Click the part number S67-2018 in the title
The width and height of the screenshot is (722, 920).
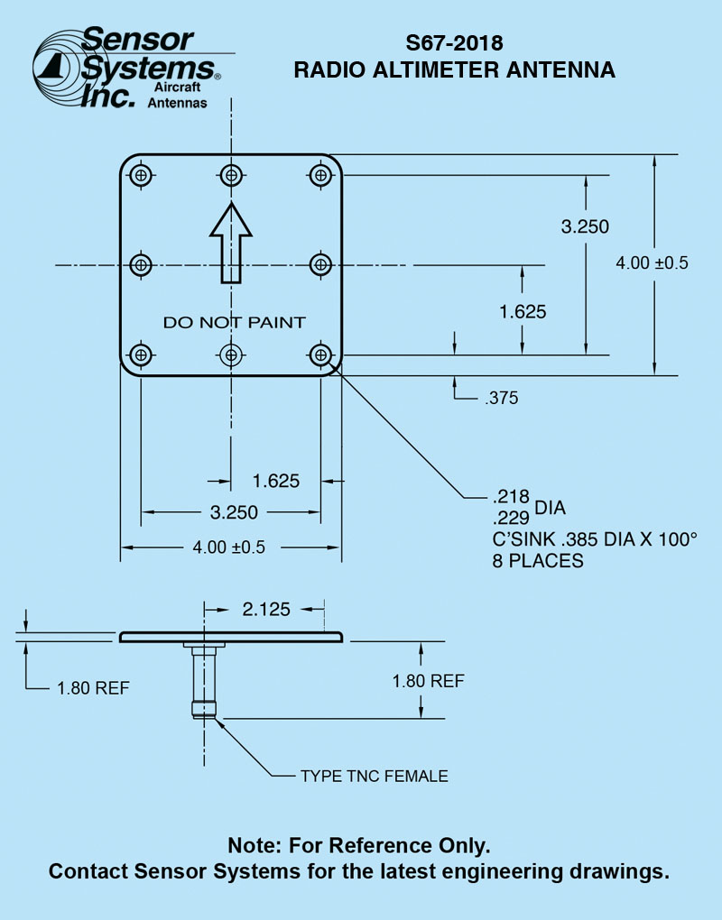pos(454,43)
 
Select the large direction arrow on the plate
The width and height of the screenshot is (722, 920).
pos(231,243)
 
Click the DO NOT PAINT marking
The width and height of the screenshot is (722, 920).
pos(235,322)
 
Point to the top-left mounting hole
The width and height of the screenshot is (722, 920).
pos(141,175)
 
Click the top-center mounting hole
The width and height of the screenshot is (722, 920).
pos(231,175)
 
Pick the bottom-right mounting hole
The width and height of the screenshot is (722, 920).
pos(320,354)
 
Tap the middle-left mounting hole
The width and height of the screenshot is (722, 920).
pos(141,264)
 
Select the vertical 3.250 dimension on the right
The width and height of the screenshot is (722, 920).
pos(585,226)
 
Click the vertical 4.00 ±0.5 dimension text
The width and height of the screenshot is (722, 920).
pos(652,262)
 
